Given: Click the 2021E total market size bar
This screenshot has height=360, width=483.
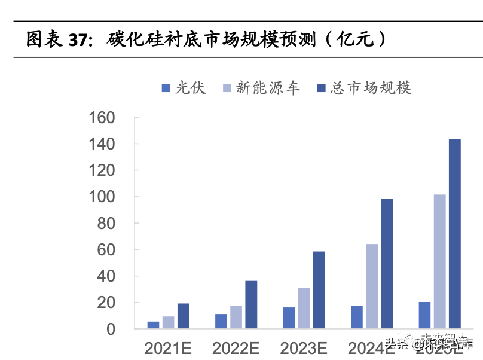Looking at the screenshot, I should coord(183,316).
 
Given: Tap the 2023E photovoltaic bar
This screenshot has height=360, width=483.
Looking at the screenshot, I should coord(289,318).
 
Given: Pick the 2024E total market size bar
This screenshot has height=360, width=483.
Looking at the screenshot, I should coord(387,264).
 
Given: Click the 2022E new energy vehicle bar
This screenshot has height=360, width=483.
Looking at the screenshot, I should coord(236,318).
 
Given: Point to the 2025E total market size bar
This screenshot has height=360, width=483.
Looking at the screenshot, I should coord(455,234).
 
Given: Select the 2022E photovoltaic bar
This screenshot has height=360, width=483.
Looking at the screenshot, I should coord(221,321).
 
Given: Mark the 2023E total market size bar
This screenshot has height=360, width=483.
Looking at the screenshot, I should coord(319,290).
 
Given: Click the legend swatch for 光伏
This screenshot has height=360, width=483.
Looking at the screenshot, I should coord(166,89).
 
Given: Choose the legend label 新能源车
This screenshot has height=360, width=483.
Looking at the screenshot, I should coord(267,88).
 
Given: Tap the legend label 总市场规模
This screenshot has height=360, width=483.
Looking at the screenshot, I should coord(371,88).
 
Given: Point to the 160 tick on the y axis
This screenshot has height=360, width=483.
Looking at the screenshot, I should coord(101,118).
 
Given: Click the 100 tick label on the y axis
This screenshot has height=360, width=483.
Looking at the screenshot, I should coord(101,197).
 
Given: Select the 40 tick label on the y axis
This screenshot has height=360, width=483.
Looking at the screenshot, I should coord(105,276).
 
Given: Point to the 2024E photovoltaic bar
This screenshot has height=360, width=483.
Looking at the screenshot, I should coord(357,317).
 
